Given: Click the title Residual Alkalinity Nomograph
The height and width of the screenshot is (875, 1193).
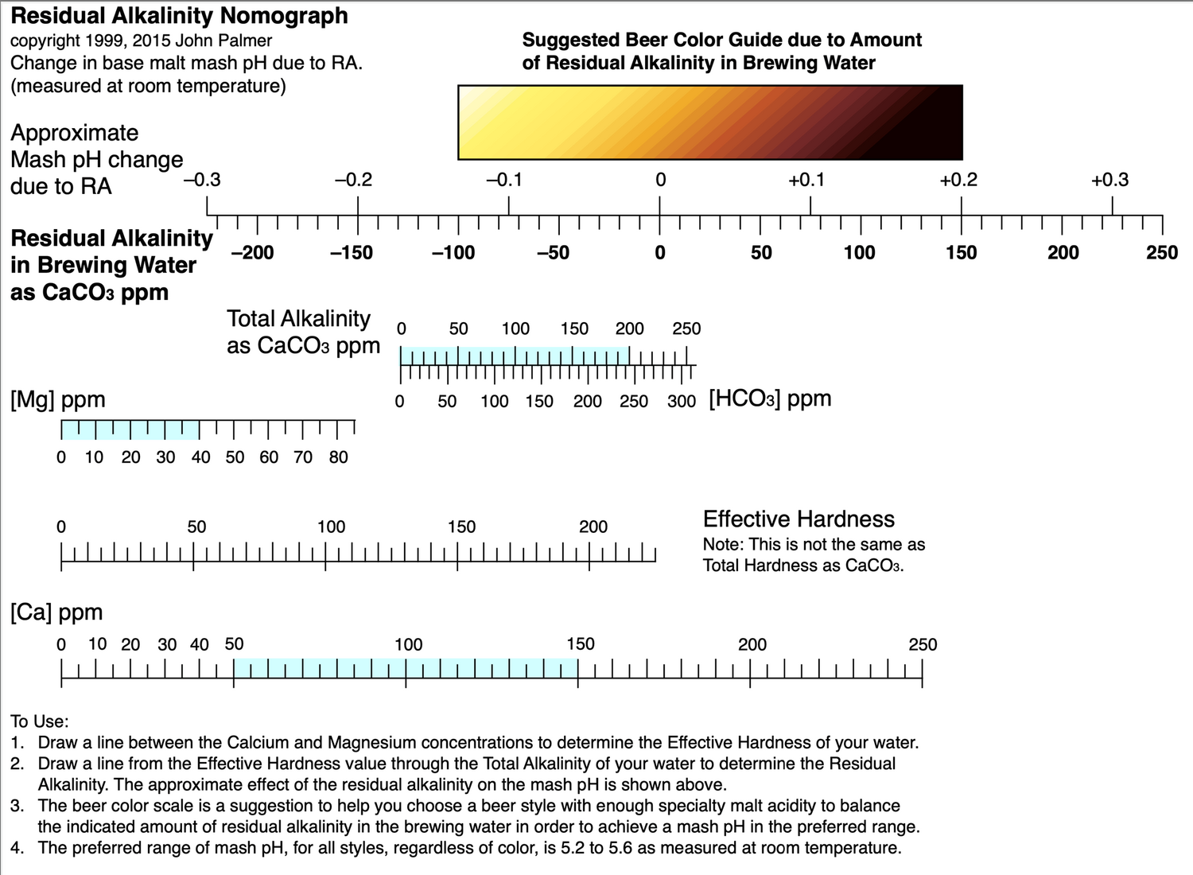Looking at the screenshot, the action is click(180, 16).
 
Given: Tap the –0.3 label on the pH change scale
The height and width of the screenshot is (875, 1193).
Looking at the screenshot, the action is click(202, 180).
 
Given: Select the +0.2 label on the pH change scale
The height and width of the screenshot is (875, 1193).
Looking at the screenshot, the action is click(958, 180).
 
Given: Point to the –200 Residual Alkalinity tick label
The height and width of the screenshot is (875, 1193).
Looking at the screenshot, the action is click(252, 252).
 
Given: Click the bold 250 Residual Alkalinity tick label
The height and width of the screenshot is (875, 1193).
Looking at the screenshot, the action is click(1162, 252).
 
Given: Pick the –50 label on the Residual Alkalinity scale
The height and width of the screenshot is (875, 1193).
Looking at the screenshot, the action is click(553, 252).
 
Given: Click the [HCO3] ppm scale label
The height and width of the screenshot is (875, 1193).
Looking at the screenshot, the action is click(770, 399).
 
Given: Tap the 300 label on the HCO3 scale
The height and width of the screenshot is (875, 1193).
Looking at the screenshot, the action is click(682, 401).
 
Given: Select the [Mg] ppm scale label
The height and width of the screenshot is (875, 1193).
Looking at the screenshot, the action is click(57, 400).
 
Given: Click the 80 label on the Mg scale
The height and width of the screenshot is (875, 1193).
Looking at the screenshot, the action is click(338, 457).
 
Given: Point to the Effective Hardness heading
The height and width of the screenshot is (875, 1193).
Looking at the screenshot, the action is click(799, 519).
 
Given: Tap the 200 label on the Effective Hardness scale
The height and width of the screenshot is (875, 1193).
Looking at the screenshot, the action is click(593, 527).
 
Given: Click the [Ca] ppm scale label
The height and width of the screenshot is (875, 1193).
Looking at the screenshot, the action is click(56, 612).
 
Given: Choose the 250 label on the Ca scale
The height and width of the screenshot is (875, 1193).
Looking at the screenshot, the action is click(923, 645).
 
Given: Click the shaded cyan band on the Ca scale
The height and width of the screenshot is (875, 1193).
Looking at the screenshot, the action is click(406, 668).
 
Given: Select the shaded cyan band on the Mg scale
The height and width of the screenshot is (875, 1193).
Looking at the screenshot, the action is click(130, 430).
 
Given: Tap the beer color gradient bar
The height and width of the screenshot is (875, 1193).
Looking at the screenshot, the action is click(710, 122).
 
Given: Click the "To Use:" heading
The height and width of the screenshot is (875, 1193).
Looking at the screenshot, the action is click(40, 721).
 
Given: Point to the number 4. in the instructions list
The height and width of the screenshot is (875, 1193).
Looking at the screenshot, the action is click(17, 847).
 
